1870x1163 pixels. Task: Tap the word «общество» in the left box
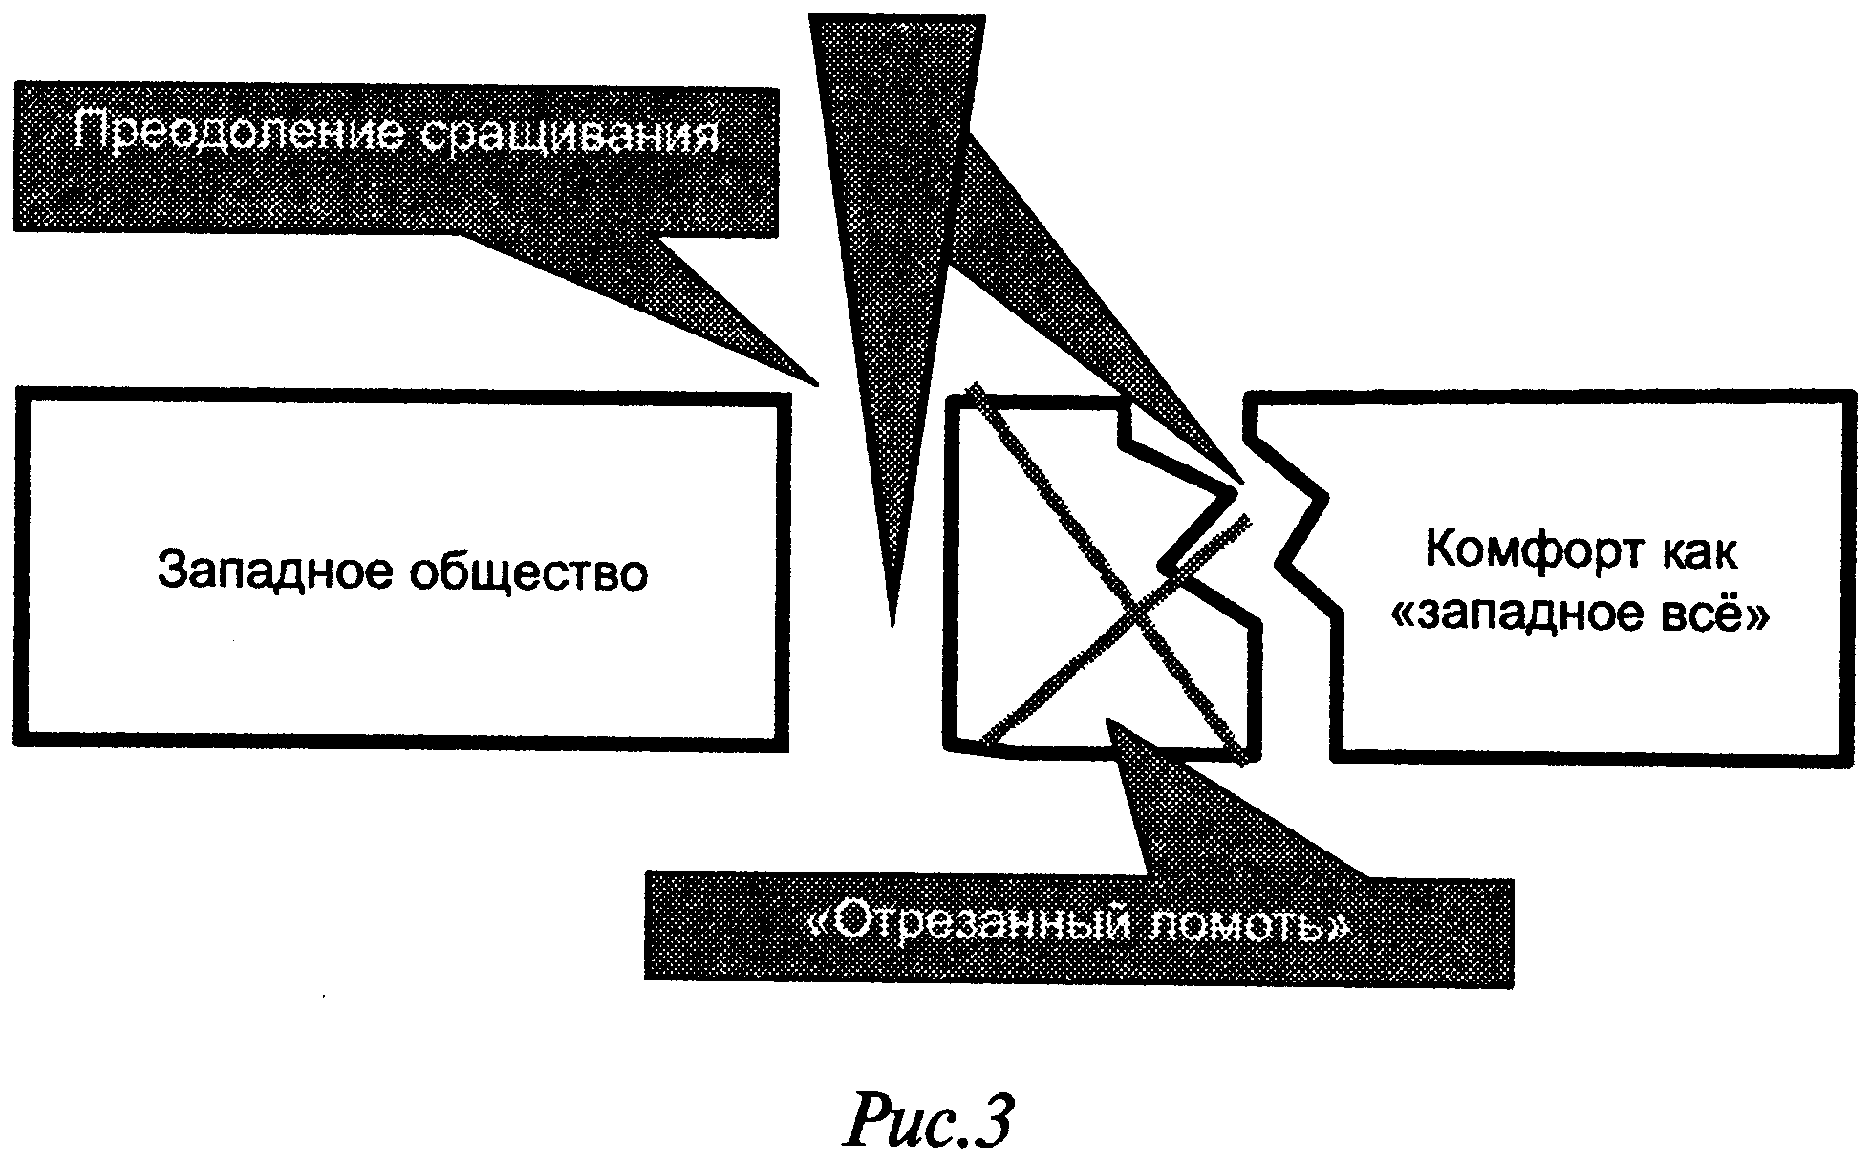[x=528, y=571]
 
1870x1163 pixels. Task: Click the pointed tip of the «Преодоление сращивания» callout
[x=818, y=384]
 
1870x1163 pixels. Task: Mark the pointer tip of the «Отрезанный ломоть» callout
[x=1108, y=719]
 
